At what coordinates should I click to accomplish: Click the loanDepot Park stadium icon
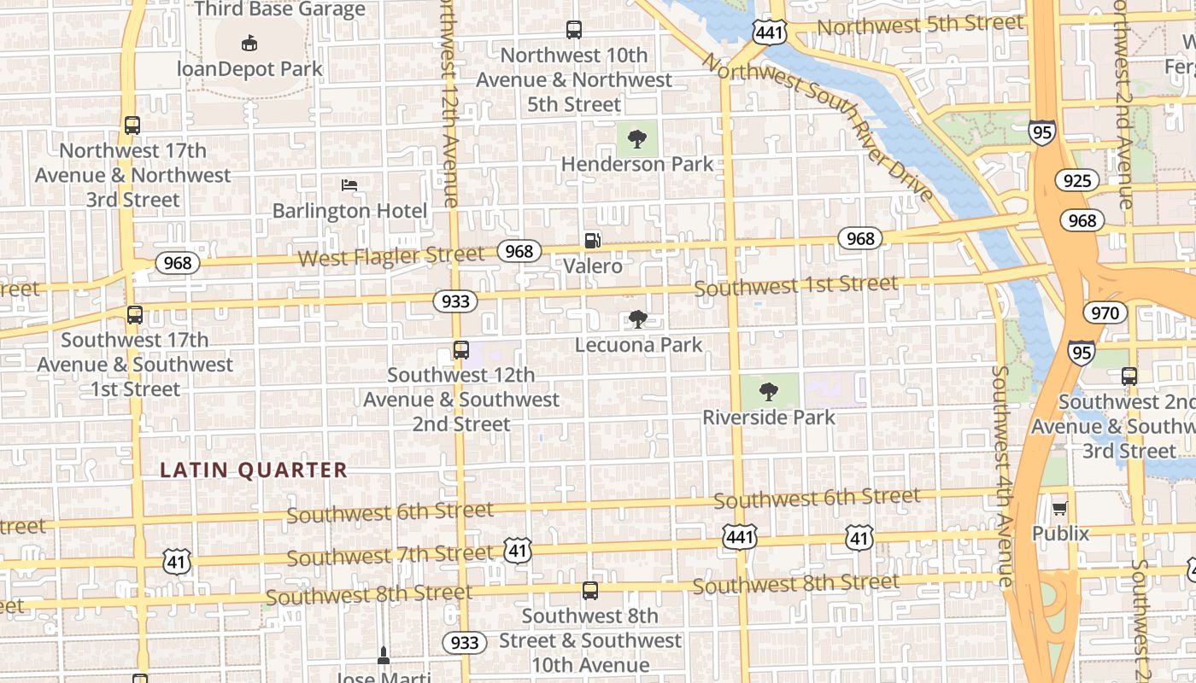[x=249, y=42]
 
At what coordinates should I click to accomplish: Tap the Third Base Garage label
[x=279, y=9]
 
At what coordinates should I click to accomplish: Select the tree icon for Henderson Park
[x=636, y=139]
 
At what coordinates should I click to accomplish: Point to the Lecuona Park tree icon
[x=636, y=319]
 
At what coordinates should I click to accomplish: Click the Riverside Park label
[x=769, y=417]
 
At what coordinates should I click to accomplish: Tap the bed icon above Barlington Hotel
[x=349, y=184]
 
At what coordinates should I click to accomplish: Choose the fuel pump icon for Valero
[x=593, y=241]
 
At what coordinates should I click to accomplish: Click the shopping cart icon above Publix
[x=1060, y=509]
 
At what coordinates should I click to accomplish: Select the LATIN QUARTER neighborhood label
[x=254, y=470]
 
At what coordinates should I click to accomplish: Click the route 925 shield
[x=1077, y=180]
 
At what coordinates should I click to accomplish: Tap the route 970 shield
[x=1105, y=312]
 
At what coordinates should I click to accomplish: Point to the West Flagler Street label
[x=390, y=255]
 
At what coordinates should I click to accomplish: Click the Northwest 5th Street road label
[x=919, y=25]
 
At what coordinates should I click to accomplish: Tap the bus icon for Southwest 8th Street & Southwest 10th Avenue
[x=589, y=591]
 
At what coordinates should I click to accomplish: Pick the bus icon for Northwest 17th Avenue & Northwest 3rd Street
[x=132, y=126]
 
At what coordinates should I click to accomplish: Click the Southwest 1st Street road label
[x=795, y=285]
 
